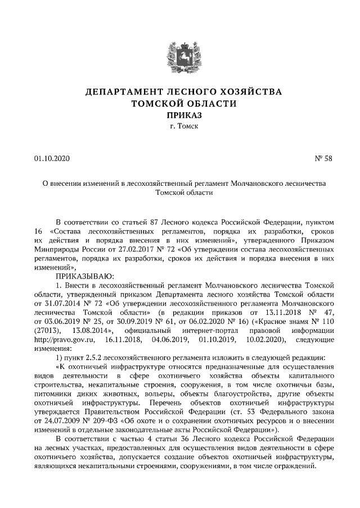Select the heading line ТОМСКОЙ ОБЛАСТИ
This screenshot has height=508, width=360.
click(x=180, y=103)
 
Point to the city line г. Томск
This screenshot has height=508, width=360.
click(x=180, y=127)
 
